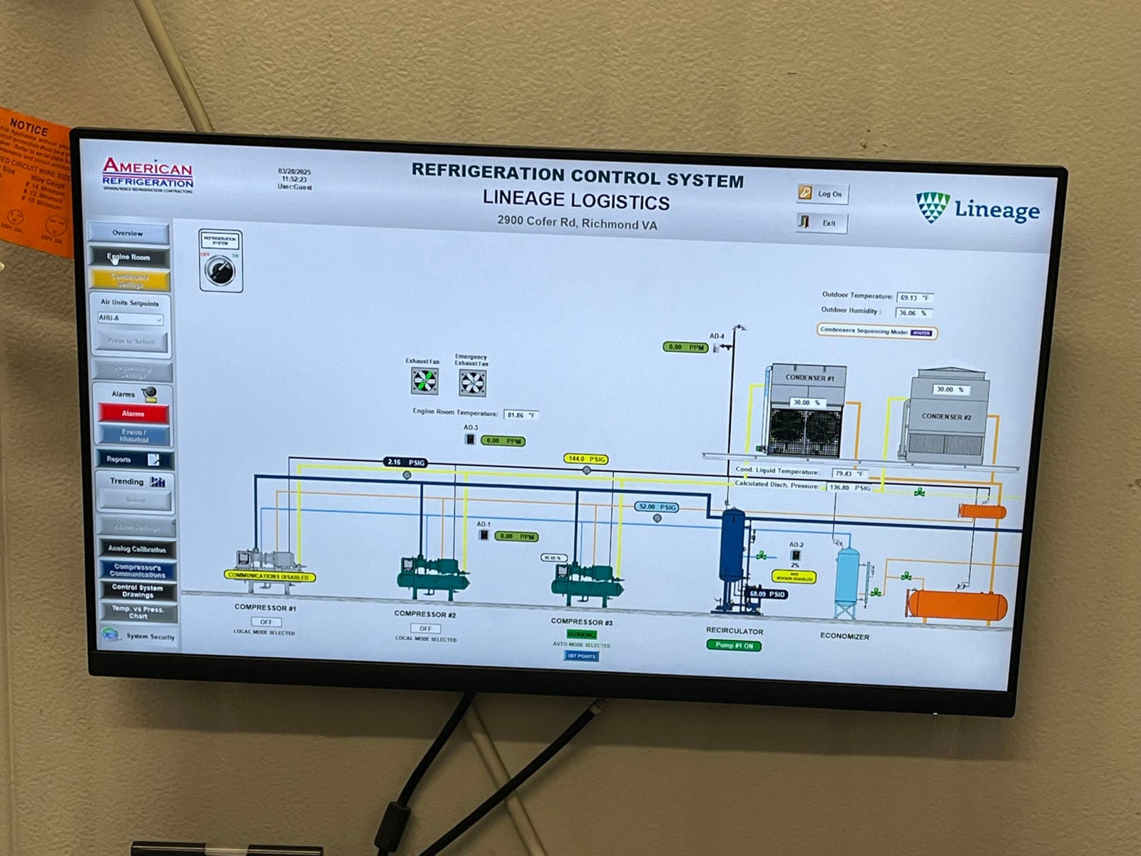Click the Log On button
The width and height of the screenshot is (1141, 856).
(823, 193)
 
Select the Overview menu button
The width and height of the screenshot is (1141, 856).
(128, 233)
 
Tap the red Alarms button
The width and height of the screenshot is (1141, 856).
(133, 413)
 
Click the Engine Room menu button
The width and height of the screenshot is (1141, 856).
(129, 257)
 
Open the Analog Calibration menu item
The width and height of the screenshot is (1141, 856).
(137, 549)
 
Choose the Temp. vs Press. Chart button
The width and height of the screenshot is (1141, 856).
(138, 612)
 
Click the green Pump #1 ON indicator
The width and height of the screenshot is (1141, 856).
(734, 645)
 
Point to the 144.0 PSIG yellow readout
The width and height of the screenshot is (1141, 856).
(586, 459)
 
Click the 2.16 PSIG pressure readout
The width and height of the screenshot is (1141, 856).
(406, 462)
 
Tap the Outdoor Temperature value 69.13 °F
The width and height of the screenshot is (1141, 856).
(914, 297)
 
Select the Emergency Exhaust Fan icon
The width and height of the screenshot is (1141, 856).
(472, 383)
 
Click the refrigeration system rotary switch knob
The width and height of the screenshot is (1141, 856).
(220, 270)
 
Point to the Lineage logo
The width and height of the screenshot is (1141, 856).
(978, 208)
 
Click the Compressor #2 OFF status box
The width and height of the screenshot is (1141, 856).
(425, 628)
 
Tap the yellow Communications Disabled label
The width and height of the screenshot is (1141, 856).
(269, 576)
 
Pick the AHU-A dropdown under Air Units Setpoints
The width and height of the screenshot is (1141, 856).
(131, 318)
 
